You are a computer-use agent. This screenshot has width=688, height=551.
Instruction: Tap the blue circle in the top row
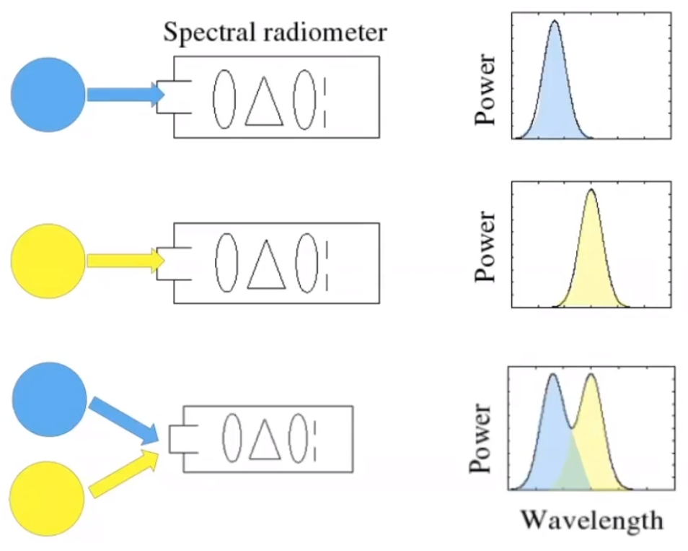48,95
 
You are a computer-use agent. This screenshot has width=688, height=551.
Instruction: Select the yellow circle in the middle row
48,260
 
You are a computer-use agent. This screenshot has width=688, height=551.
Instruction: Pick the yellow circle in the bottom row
47,497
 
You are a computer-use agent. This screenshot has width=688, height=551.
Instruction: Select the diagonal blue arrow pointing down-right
123,420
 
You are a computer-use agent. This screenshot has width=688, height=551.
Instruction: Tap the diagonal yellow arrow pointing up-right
123,472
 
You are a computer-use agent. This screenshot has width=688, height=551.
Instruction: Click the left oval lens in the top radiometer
224,99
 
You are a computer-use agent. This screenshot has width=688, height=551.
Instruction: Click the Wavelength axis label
591,519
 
